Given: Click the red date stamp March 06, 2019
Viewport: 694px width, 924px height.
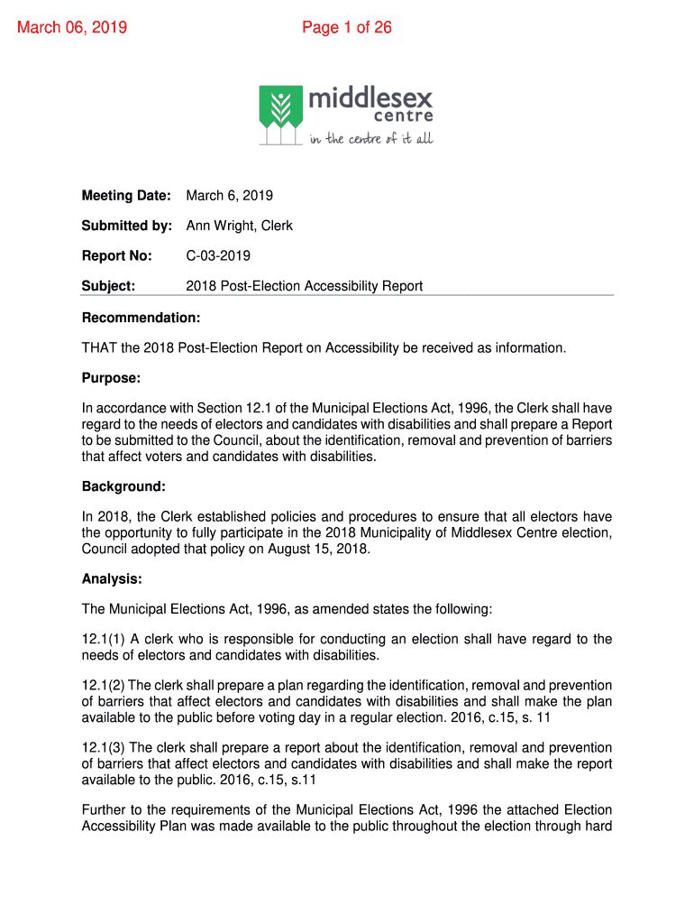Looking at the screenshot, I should [x=72, y=27].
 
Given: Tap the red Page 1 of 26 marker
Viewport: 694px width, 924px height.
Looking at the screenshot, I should [x=347, y=27].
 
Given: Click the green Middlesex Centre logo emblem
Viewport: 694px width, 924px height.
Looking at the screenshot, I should [x=280, y=114].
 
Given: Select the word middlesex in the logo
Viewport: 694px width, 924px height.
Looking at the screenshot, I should [x=370, y=97].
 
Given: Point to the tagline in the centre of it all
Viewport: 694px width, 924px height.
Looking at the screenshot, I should [x=371, y=139].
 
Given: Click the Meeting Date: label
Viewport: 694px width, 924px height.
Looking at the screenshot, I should [x=126, y=196].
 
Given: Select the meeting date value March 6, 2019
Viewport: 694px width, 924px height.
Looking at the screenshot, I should [x=230, y=196].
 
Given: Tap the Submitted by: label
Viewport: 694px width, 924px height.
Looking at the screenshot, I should [x=127, y=226].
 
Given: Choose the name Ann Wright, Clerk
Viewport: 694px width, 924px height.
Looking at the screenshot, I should [x=240, y=226].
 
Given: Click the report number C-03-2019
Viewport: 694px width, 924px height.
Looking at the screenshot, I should [x=218, y=256].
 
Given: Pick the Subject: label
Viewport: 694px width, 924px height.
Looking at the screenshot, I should [x=108, y=286].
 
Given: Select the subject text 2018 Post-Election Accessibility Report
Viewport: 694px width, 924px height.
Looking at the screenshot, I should [x=305, y=286].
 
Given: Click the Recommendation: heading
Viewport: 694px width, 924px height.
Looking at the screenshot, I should [x=141, y=318].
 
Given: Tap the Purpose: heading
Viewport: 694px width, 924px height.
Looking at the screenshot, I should [x=112, y=378].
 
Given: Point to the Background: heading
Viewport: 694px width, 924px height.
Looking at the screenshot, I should [x=124, y=486].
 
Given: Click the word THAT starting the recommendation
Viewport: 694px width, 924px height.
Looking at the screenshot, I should [x=99, y=347].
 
